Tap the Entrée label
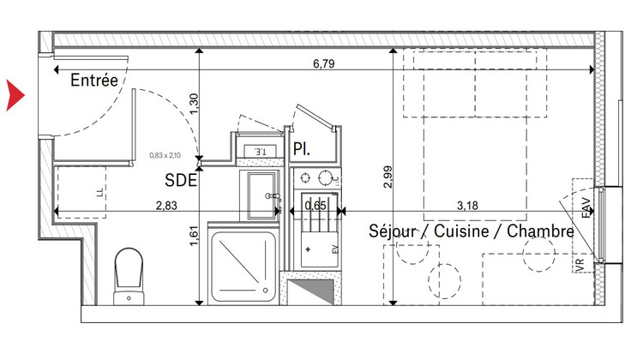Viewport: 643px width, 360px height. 94,81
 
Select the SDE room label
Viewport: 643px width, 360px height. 182,181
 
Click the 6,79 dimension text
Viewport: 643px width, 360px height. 321,63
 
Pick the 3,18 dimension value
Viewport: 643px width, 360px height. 471,206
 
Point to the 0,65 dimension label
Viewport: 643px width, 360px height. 315,206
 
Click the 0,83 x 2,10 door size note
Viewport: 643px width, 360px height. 167,155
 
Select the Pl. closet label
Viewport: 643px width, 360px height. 301,149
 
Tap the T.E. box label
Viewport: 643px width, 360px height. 259,152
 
